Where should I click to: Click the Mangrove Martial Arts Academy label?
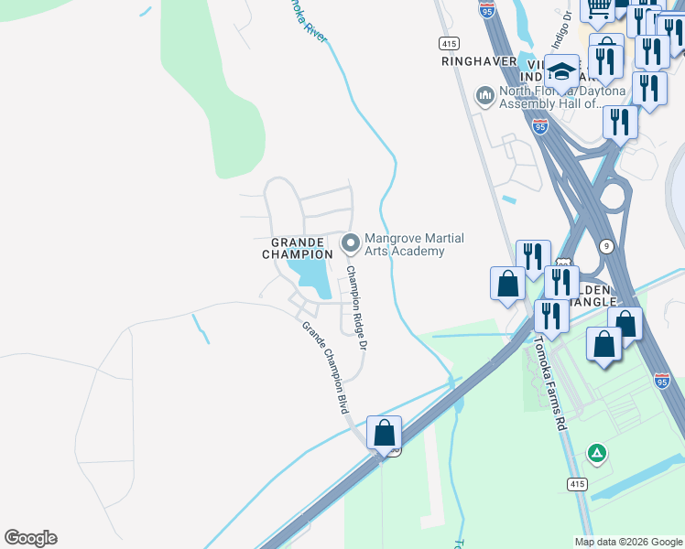pyautogui.click(x=414, y=244)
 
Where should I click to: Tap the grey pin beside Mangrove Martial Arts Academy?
pyautogui.click(x=350, y=243)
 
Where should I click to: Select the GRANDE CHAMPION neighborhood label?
pyautogui.click(x=302, y=248)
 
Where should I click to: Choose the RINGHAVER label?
pyautogui.click(x=477, y=61)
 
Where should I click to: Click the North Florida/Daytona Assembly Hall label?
pyautogui.click(x=562, y=98)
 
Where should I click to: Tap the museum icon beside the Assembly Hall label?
pyautogui.click(x=484, y=95)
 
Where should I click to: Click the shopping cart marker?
pyautogui.click(x=598, y=9)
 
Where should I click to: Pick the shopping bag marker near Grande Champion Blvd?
pyautogui.click(x=385, y=432)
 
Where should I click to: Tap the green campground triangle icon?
pyautogui.click(x=596, y=453)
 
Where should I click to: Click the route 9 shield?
pyautogui.click(x=606, y=245)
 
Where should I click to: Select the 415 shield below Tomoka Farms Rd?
pyautogui.click(x=576, y=483)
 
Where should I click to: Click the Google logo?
pyautogui.click(x=30, y=538)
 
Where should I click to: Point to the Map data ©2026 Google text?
pyautogui.click(x=628, y=542)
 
